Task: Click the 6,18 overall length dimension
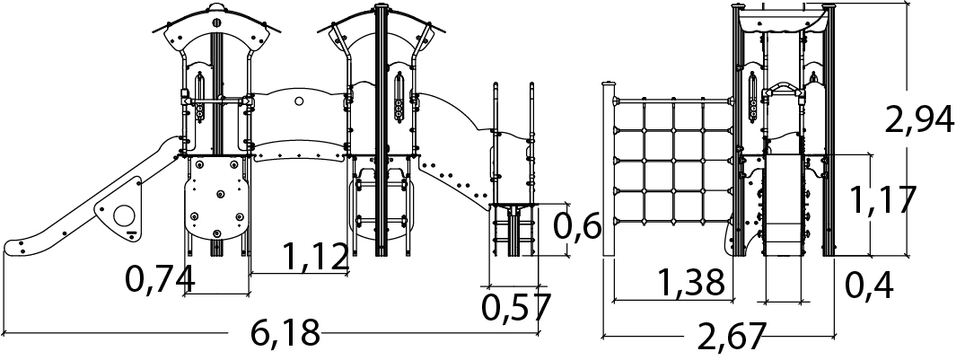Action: click(x=285, y=333)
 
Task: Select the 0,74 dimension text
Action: click(x=160, y=279)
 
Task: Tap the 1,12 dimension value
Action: click(x=316, y=257)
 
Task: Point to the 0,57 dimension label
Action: click(x=516, y=308)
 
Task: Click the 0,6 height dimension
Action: click(x=576, y=226)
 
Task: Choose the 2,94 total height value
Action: click(x=919, y=120)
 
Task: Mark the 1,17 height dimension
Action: click(x=882, y=199)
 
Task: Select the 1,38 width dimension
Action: click(x=691, y=283)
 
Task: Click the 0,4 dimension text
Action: click(x=869, y=285)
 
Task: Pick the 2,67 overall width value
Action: click(x=731, y=336)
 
